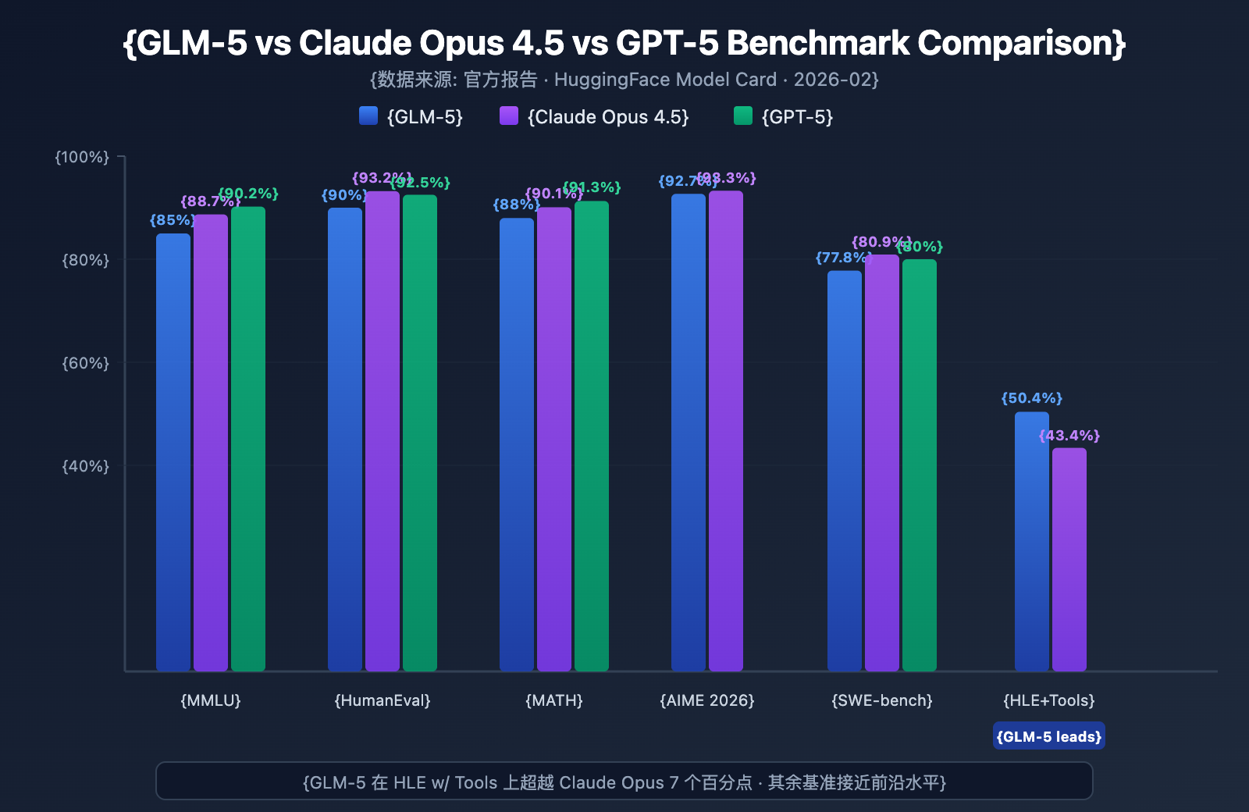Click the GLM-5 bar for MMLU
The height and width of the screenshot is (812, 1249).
click(173, 452)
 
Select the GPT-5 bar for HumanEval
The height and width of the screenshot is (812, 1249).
click(420, 433)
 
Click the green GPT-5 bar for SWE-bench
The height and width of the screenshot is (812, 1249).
click(920, 465)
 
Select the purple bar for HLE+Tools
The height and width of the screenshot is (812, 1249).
click(1069, 559)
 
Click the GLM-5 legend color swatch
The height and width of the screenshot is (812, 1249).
click(368, 116)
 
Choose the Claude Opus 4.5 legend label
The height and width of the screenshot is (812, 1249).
click(608, 117)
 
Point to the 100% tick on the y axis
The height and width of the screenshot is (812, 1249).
click(82, 157)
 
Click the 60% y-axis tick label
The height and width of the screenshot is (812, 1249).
click(86, 363)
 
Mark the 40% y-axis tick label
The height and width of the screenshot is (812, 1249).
click(86, 466)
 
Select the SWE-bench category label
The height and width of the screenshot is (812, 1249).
click(882, 700)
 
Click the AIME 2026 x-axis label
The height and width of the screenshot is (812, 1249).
click(707, 700)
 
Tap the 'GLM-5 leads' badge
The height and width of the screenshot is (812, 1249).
click(1049, 736)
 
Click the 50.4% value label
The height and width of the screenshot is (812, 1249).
click(1032, 398)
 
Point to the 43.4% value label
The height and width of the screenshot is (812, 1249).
click(1069, 436)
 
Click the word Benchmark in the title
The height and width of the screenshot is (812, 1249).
click(817, 43)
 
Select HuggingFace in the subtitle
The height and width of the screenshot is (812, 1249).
click(600, 80)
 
